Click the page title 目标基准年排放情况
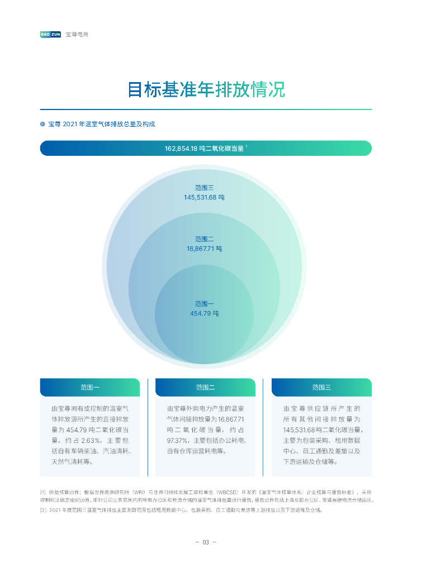[206, 89]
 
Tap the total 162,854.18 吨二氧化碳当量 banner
[205, 149]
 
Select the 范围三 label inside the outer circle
[205, 188]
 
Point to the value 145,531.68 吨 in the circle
[205, 197]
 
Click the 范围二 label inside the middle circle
[205, 239]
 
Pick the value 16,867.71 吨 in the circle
[205, 249]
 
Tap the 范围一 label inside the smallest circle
[205, 304]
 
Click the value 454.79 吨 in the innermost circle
[205, 313]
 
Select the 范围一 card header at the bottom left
[89, 387]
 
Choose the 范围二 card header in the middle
[205, 387]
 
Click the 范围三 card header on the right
[321, 387]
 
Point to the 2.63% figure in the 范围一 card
[82, 440]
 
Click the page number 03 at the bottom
[205, 542]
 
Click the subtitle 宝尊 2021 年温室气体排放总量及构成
[101, 124]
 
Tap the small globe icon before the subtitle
[42, 124]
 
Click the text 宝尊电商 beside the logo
[77, 35]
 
